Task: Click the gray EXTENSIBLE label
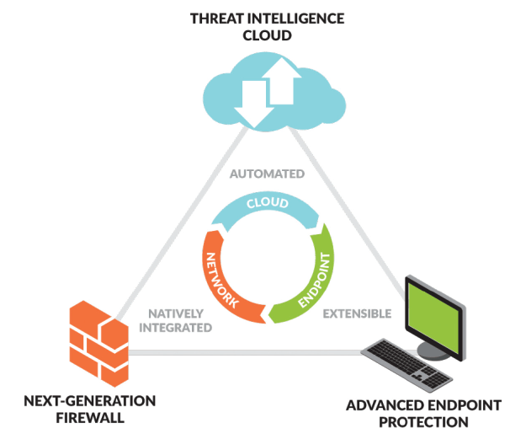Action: click(358, 313)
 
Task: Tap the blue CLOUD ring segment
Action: click(268, 205)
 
